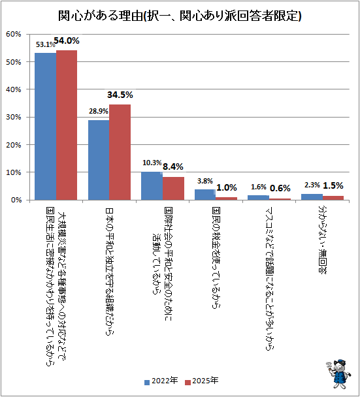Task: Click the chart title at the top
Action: (x=180, y=16)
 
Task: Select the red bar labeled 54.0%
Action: (x=67, y=125)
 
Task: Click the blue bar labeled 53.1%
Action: (x=45, y=126)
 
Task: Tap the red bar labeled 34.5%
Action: (x=120, y=152)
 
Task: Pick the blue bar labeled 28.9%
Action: (x=99, y=160)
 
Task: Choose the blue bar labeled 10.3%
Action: (x=152, y=186)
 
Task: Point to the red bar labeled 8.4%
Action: (x=173, y=188)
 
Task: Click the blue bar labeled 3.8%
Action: (x=205, y=195)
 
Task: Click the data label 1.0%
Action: (x=227, y=187)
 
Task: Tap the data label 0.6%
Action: (x=280, y=188)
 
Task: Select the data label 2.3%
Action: (x=312, y=185)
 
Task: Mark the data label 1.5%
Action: (x=333, y=185)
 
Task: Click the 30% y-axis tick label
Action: (x=14, y=118)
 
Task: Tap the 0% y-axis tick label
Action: (x=16, y=200)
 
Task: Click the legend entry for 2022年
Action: (x=161, y=381)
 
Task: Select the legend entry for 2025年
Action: (x=202, y=381)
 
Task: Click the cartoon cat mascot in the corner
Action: (x=338, y=373)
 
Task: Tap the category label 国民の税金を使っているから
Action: (x=216, y=258)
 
